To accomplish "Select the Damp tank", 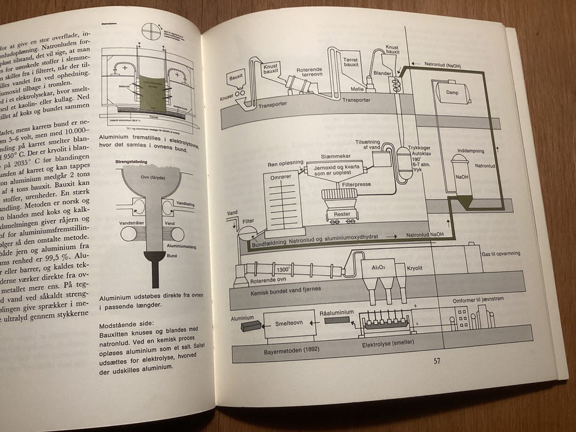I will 453,92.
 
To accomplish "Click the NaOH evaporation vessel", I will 461,177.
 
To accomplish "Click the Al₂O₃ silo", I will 379,268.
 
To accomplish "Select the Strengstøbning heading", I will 131,161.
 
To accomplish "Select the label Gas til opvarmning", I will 501,254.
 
